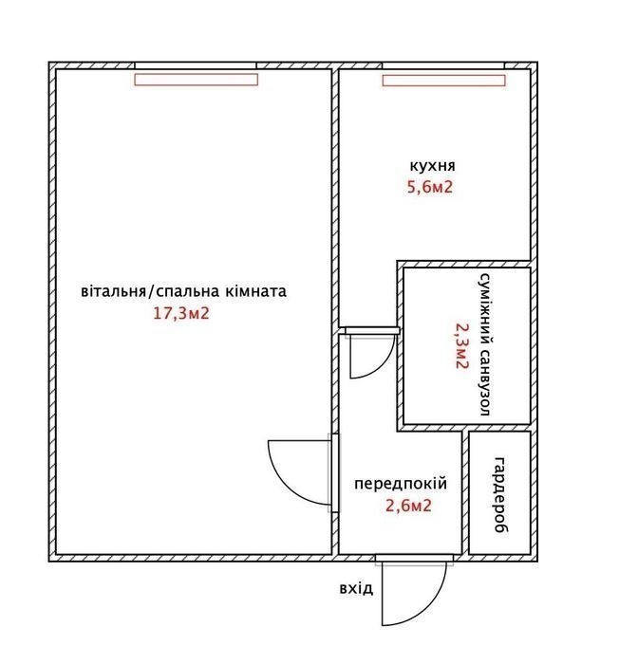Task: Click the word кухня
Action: (x=432, y=166)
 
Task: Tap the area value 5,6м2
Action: (x=430, y=187)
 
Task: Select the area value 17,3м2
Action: (x=181, y=314)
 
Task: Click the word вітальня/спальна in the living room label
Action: (x=150, y=292)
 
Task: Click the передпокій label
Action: (x=401, y=484)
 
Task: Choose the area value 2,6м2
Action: (x=408, y=506)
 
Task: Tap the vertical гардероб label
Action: (x=500, y=494)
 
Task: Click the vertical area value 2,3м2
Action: (x=461, y=346)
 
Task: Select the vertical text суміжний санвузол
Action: (x=485, y=344)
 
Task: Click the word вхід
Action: (x=356, y=589)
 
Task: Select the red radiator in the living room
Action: (x=197, y=80)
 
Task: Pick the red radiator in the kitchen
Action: (x=443, y=81)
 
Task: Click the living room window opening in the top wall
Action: (x=196, y=65)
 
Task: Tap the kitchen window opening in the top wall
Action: (x=443, y=65)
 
